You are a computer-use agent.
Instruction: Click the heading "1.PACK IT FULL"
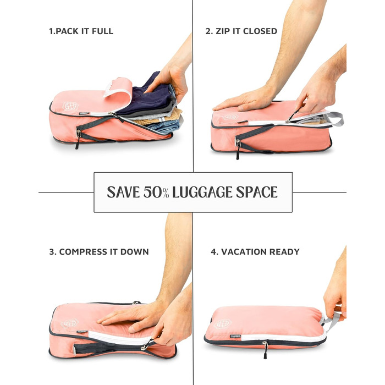[81, 31]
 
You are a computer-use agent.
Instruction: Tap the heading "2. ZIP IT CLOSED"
[241, 31]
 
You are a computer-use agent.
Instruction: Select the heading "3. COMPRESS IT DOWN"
[99, 252]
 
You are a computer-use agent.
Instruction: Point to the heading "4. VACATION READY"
[255, 252]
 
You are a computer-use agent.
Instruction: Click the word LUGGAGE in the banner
[202, 193]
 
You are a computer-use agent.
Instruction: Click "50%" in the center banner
[156, 193]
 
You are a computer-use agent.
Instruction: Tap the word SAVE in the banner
[124, 193]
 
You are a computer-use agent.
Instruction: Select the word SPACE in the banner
[257, 193]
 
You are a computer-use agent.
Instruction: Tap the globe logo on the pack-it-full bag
[70, 106]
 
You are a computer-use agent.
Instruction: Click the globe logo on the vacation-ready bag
[222, 323]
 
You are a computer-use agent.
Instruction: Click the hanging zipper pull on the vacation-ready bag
[265, 350]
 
